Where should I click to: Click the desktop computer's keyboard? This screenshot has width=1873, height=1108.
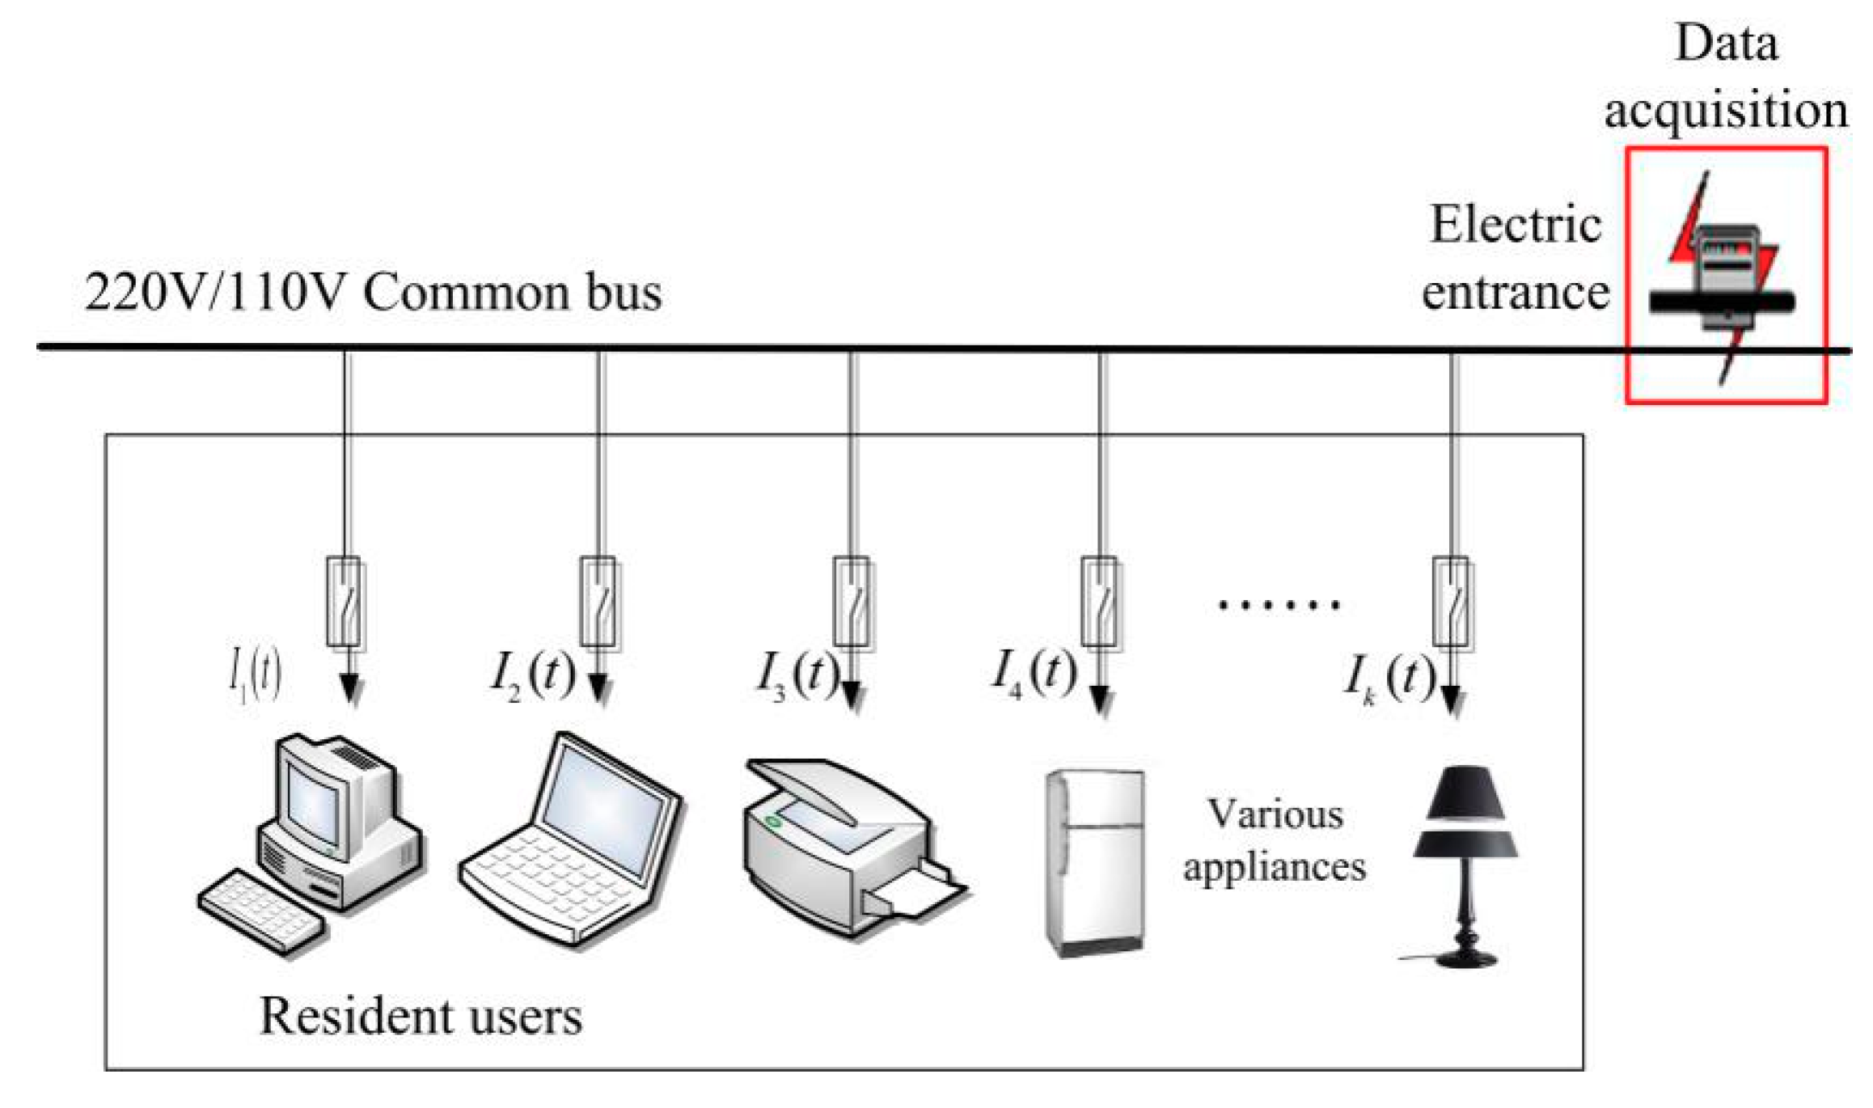click(x=263, y=911)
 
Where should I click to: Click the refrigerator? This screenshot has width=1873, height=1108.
click(x=1095, y=864)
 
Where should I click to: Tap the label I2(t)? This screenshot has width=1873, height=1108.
click(x=533, y=674)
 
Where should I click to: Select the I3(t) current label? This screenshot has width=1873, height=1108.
click(x=797, y=674)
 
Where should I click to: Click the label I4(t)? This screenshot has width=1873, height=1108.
click(x=1034, y=672)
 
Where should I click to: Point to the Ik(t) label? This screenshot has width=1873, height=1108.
click(x=1389, y=676)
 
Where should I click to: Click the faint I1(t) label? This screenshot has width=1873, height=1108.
click(x=256, y=675)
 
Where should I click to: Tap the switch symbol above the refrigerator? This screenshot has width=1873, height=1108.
click(x=1100, y=603)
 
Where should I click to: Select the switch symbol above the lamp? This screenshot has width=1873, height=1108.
click(x=1453, y=603)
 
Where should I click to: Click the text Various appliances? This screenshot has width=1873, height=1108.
click(x=1275, y=839)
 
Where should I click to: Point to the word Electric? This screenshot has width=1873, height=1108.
click(x=1516, y=224)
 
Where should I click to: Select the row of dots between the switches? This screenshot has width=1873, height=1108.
click(x=1279, y=604)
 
